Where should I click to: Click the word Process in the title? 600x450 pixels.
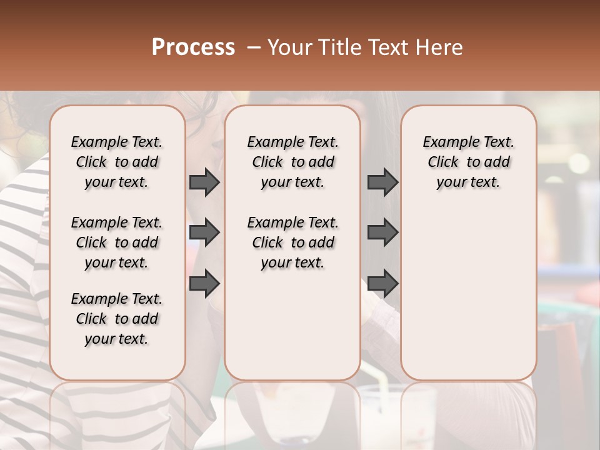coord(193,47)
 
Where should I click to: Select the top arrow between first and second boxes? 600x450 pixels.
coord(204,182)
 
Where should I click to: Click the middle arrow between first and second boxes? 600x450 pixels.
coord(204,232)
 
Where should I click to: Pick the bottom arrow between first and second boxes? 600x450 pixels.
coord(204,283)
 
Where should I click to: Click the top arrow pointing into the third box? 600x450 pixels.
coord(382,182)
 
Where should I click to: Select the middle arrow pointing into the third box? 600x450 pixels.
coord(382,232)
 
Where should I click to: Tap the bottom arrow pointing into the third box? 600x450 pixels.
coord(382,283)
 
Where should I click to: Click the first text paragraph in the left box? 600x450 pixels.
coord(117,162)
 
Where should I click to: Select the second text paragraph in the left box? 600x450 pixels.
coord(117,242)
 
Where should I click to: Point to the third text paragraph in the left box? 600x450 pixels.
coord(117,319)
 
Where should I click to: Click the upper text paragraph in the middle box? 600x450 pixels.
coord(292,162)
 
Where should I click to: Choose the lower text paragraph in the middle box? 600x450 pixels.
coord(292,242)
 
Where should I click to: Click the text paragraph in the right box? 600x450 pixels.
coord(469,162)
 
